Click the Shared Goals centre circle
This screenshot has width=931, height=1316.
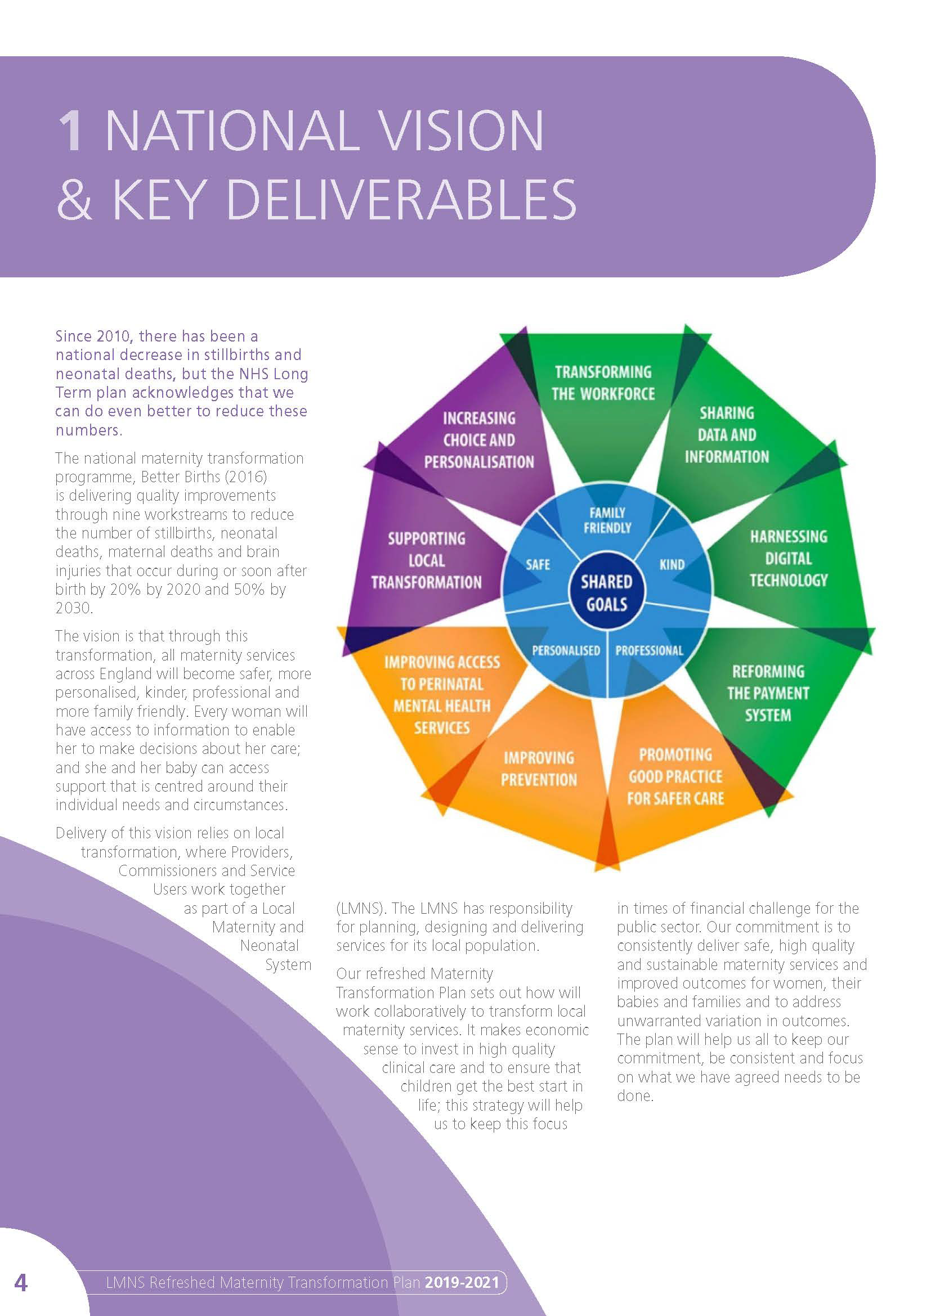[607, 592]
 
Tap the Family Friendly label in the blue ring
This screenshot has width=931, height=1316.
[607, 520]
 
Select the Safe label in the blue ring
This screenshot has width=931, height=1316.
[538, 564]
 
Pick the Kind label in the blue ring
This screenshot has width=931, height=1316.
[672, 564]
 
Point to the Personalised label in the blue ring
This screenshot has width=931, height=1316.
[566, 650]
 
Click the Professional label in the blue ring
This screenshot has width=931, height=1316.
[649, 650]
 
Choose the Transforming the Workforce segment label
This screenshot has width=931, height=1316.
[603, 383]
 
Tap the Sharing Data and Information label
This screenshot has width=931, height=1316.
[726, 434]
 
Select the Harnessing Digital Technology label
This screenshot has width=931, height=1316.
[788, 558]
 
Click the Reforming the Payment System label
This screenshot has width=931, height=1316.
[768, 693]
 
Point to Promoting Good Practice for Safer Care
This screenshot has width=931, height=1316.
[675, 776]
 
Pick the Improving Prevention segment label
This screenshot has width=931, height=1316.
[539, 769]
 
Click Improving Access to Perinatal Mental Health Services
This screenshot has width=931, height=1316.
[442, 695]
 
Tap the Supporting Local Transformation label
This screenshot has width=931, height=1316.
[426, 560]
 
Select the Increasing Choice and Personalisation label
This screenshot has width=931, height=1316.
[478, 439]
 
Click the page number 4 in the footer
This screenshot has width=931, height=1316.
[21, 1282]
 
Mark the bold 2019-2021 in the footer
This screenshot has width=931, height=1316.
[462, 1282]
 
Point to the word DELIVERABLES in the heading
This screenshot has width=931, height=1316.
[401, 198]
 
